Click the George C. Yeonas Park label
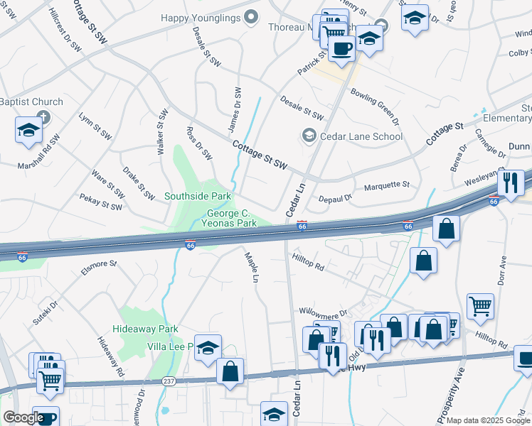[231, 218]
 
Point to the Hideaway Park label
[145, 329]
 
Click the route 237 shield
[169, 381]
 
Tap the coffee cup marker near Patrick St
[342, 48]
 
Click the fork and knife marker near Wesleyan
[510, 182]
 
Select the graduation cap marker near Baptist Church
[28, 130]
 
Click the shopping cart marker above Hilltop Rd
[481, 306]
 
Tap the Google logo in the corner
[23, 417]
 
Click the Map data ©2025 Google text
[488, 420]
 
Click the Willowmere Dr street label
[323, 312]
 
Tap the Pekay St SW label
[101, 202]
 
